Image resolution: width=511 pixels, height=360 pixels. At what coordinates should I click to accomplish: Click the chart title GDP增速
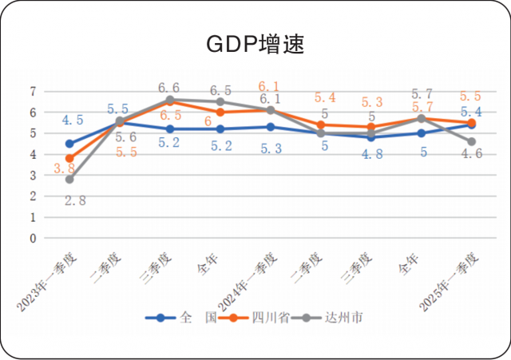255,44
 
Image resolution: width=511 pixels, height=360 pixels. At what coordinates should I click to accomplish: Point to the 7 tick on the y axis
34,92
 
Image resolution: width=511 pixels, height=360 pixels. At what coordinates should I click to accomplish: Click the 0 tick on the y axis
34,237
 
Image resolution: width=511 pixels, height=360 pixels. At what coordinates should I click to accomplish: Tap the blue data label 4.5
73,121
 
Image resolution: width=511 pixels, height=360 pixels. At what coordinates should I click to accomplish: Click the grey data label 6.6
168,87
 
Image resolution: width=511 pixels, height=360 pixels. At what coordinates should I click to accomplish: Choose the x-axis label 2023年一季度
53,279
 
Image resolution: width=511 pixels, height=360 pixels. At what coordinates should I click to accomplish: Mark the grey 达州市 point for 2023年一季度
70,180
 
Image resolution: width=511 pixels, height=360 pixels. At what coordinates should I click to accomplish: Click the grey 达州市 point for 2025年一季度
471,141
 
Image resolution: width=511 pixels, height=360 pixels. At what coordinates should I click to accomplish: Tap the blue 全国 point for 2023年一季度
70,144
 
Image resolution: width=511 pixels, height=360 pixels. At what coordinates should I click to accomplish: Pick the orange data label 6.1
270,86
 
